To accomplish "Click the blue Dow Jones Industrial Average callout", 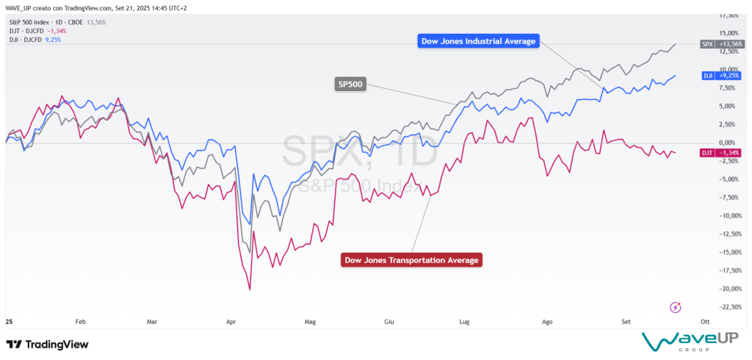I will tap(478, 40).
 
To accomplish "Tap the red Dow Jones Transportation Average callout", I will tap(411, 259).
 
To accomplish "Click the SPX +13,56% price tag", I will tap(723, 44).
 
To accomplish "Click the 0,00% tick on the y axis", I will tap(727, 143).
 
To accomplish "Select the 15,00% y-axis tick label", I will tap(727, 33).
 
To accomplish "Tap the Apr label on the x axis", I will tap(231, 321).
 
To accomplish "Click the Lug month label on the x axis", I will tap(464, 321).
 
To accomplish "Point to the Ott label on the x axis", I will tap(704, 321).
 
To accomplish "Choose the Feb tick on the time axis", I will tap(81, 321).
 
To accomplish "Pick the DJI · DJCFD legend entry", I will tap(33, 40).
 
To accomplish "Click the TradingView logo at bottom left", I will tap(47, 344).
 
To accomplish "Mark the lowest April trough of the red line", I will tap(250, 289).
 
